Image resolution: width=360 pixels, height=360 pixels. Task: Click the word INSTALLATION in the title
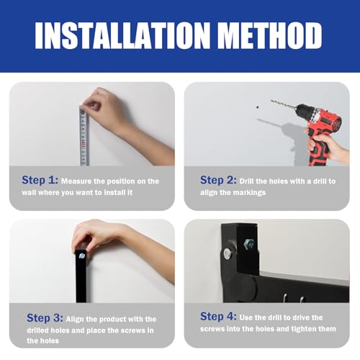(x=122, y=36)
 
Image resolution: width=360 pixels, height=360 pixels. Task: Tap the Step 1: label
(x=40, y=180)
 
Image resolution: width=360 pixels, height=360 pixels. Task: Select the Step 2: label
(x=218, y=180)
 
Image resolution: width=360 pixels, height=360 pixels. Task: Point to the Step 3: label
(x=45, y=318)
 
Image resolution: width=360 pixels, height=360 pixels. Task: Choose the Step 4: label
(x=218, y=316)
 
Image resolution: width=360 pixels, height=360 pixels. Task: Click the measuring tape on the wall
(x=84, y=135)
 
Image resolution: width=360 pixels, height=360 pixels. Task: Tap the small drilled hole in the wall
(x=258, y=107)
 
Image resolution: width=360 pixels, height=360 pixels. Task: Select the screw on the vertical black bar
(x=81, y=256)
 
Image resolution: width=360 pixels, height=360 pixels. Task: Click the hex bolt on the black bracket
(x=249, y=244)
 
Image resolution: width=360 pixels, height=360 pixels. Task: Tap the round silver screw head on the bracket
(x=227, y=253)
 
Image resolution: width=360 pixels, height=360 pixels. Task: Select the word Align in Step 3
(x=74, y=319)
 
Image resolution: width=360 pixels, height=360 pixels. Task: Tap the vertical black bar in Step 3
(x=81, y=276)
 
